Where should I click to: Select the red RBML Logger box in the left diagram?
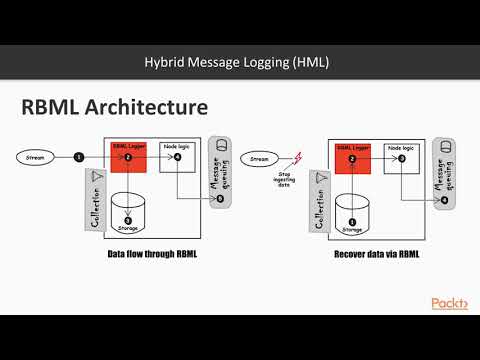[x=128, y=157]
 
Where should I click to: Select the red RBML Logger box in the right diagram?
[x=350, y=157]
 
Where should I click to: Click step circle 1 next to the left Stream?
[x=79, y=157]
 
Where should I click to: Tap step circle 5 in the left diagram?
[x=220, y=200]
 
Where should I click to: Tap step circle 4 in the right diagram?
[x=443, y=200]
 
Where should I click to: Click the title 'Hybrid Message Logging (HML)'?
[x=239, y=63]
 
